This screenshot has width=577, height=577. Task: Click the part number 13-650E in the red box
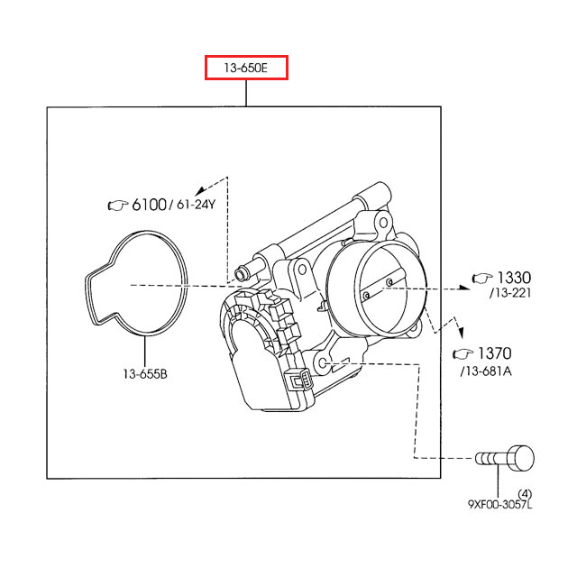[246, 68]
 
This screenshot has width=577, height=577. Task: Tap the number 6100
[150, 205]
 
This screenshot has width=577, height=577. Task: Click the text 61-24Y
[196, 205]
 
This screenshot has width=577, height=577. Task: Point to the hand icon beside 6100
[118, 206]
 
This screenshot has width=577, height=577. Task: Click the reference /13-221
[509, 294]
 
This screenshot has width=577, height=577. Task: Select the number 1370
[494, 353]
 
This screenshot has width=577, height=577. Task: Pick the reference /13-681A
[487, 370]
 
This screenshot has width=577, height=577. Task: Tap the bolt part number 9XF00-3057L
[499, 505]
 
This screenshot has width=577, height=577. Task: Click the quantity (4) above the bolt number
[526, 491]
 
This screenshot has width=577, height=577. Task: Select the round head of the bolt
[521, 458]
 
